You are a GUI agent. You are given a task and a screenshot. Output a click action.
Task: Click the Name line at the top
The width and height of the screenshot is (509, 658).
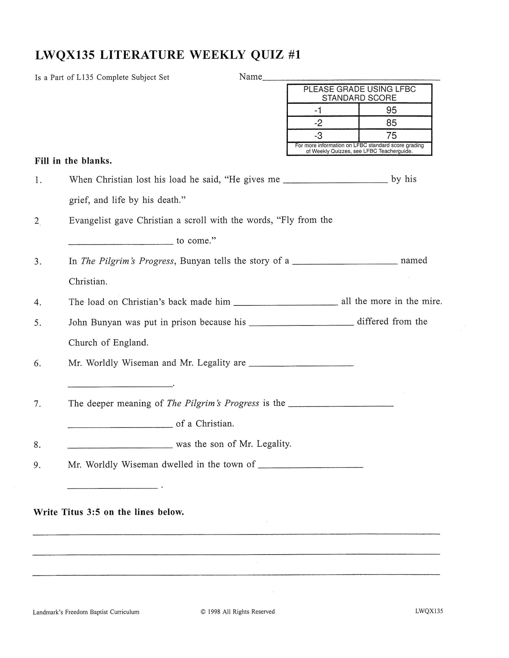(351, 80)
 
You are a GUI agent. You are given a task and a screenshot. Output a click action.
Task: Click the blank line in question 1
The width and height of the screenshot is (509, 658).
(335, 182)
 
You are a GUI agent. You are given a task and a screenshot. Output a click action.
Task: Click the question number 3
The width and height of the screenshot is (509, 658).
(38, 262)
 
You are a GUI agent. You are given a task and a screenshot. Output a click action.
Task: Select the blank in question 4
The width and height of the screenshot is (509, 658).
(286, 304)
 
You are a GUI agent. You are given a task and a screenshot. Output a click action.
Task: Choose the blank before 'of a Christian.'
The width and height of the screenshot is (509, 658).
(120, 426)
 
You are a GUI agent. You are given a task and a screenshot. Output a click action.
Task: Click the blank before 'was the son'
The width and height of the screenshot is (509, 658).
(120, 447)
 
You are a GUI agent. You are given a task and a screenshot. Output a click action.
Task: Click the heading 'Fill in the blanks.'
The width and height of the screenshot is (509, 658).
(73, 161)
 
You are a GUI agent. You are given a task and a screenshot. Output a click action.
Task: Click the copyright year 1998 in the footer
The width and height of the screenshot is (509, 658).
(214, 612)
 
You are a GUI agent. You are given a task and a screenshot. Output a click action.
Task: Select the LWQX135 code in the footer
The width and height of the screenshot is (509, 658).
(429, 611)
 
